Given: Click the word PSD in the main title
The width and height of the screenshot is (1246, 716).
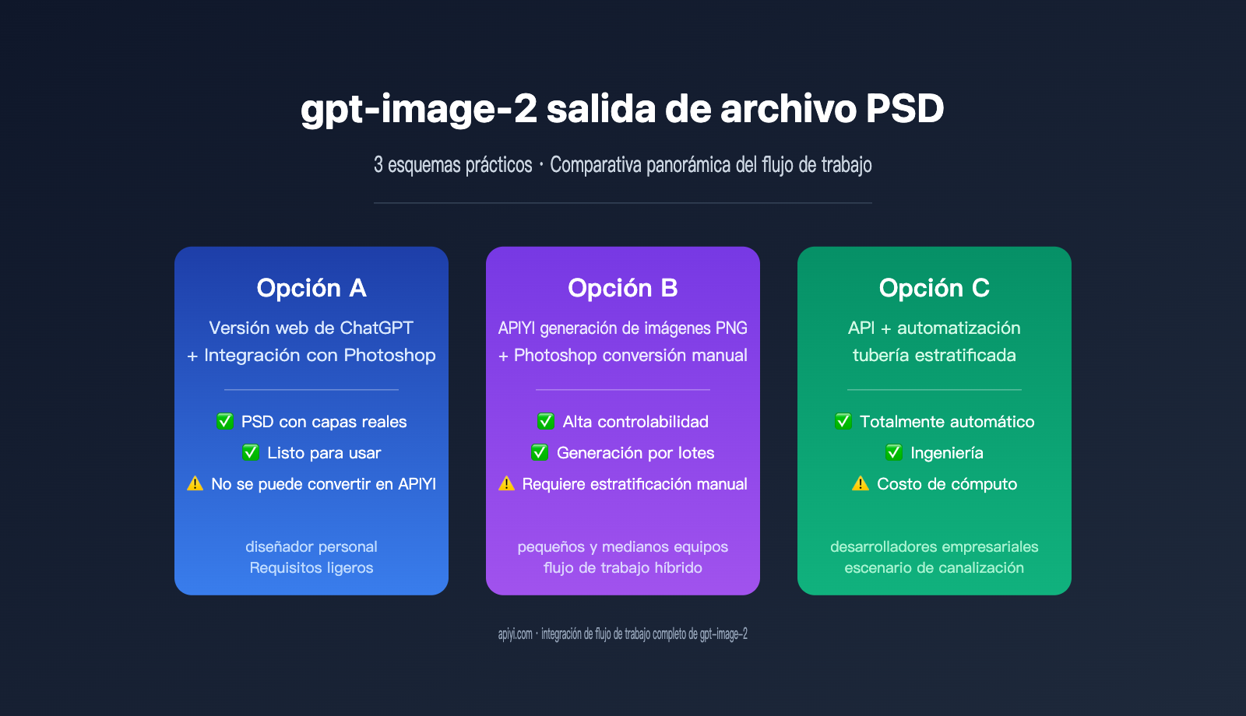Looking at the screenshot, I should pos(905,109).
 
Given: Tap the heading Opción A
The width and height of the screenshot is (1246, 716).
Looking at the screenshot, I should pos(311,288).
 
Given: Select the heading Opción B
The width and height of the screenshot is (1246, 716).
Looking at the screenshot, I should pos(623,288).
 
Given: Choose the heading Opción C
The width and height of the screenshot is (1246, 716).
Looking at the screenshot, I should pos(935,288).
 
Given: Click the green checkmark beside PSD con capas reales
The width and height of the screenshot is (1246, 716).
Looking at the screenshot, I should pos(225,421).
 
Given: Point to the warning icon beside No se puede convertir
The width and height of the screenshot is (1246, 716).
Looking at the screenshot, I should pos(195,483).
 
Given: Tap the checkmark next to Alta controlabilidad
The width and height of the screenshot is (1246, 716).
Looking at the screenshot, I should pos(546,421).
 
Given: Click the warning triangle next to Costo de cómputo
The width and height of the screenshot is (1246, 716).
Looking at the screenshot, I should pos(861,483).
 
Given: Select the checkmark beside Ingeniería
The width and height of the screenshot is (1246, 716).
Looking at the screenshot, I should pos(894,452).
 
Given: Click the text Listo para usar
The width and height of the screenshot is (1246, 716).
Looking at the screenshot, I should pos(324,453).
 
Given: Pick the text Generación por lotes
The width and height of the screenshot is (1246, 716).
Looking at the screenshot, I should pos(635,453).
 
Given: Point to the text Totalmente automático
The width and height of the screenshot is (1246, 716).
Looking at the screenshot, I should pos(947,422).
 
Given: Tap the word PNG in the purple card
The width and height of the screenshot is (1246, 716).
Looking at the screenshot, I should pos(731,328).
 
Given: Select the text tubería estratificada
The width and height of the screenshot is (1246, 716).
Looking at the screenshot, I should pos(935,356).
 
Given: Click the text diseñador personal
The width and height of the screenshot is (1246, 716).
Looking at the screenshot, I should pos(311,546).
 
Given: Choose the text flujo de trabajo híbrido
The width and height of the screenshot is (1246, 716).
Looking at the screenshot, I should pos(623,568).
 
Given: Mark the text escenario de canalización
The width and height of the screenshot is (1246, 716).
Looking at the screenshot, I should pos(935,568).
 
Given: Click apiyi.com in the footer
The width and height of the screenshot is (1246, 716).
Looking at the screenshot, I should pos(516,634).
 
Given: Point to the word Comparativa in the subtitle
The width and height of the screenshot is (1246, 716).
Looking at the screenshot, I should pos(596,165).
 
